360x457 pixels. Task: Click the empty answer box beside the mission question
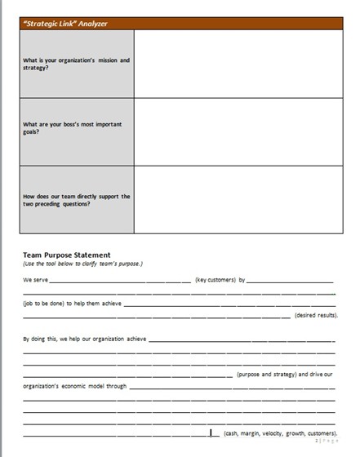pos(238,64)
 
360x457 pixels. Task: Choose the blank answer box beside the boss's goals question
pos(238,131)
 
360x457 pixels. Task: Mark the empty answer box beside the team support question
pos(238,199)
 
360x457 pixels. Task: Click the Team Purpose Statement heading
pos(67,255)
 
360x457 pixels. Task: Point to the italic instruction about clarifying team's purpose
pos(82,264)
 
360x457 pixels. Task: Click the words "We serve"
pos(35,280)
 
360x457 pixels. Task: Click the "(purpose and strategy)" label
pos(266,375)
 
